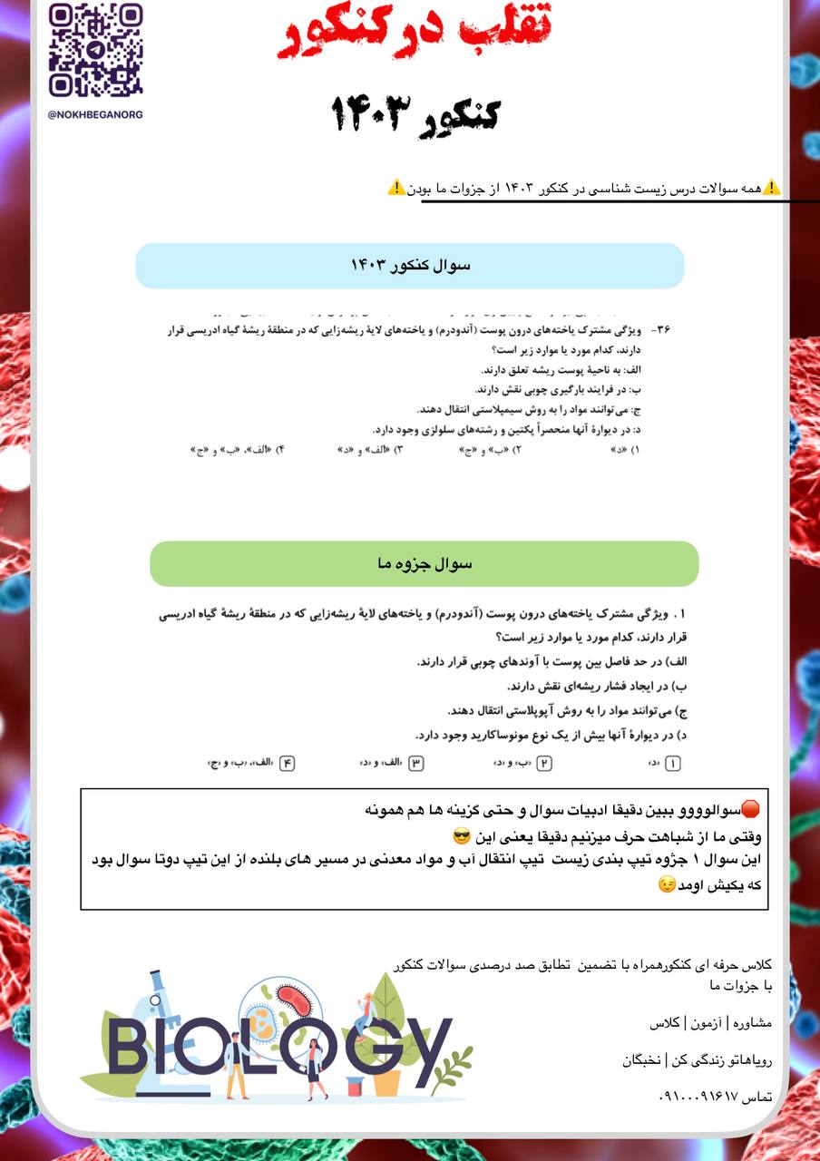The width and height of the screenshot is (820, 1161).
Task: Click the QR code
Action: coord(95,50)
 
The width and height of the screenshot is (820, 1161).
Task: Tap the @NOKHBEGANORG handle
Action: coord(95,115)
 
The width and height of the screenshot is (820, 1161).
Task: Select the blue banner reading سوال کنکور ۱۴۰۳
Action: coord(410,266)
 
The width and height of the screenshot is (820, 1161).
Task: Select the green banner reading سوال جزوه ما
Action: coord(424,563)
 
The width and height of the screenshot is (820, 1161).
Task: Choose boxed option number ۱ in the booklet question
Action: coord(672,764)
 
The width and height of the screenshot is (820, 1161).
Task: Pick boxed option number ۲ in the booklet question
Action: coord(544,764)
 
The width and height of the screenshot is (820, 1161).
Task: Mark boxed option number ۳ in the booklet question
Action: coord(416,764)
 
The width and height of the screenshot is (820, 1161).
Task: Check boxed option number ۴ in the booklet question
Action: coord(288,764)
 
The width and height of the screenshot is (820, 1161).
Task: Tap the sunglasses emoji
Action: coord(461,834)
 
